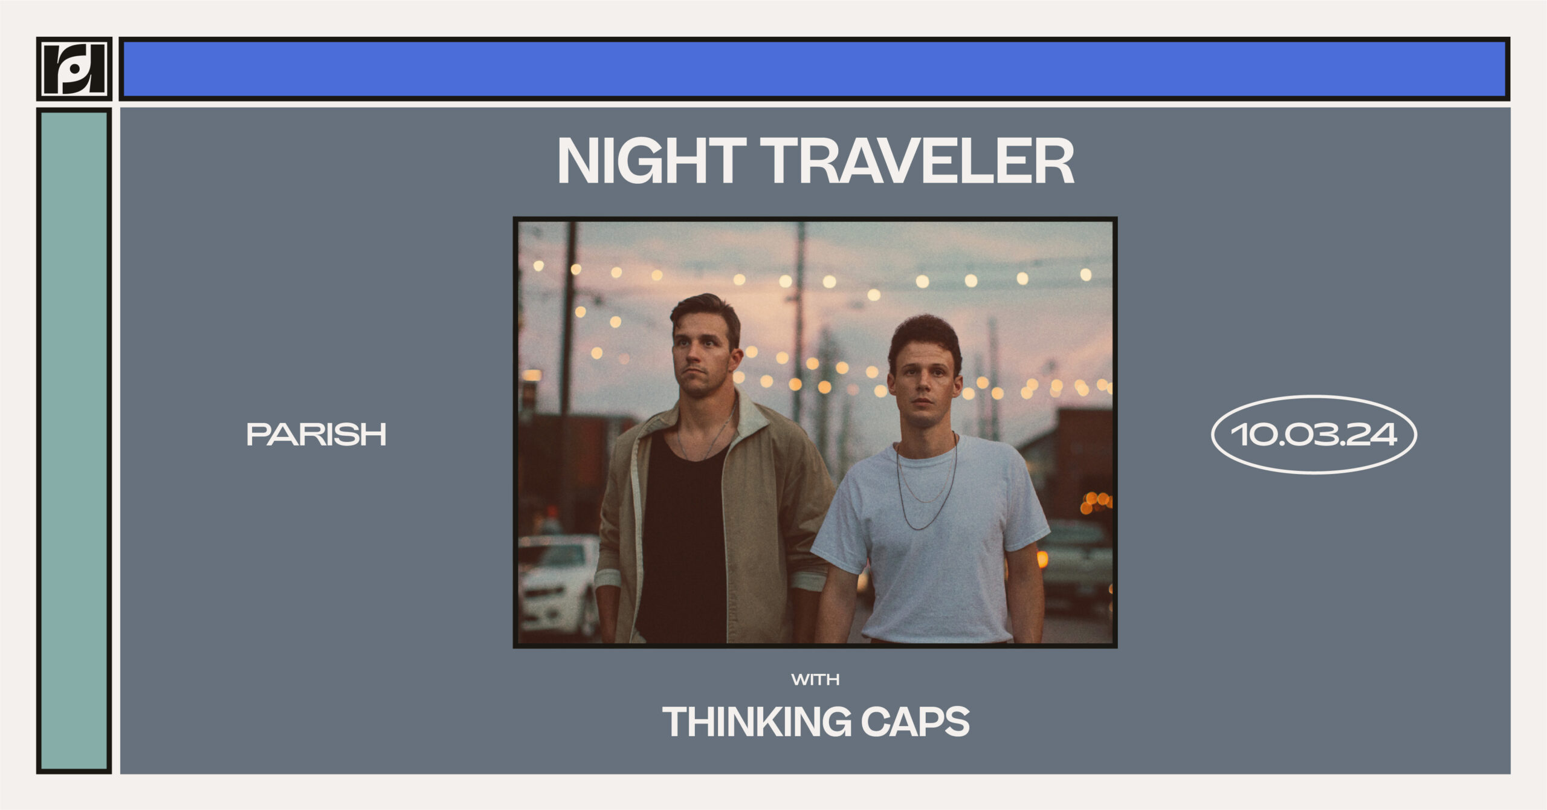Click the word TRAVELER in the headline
[916, 160]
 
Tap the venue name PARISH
[316, 434]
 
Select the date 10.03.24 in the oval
[1314, 435]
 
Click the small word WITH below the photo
[815, 679]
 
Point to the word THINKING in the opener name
[757, 722]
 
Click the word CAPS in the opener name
[915, 722]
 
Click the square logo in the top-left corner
[74, 69]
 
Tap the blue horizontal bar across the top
[814, 69]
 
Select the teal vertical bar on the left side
[74, 441]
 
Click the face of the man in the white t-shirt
[923, 387]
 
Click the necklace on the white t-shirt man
[926, 484]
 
